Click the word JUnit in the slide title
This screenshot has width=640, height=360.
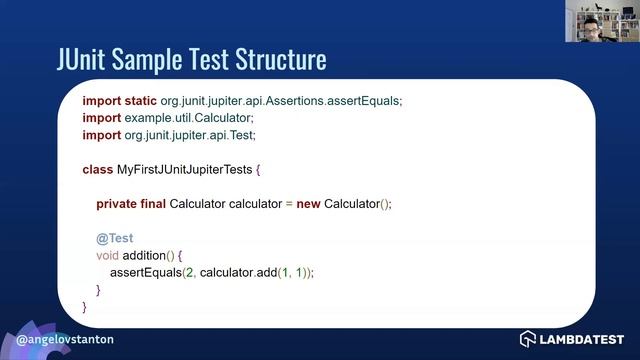coord(88,59)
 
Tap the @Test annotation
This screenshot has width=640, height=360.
coord(114,238)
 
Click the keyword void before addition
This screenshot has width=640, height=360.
coord(107,255)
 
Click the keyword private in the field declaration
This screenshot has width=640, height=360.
coord(117,204)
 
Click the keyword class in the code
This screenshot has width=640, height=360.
coord(97,170)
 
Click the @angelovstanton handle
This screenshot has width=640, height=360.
coord(64,339)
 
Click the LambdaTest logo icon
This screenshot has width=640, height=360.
coord(528,339)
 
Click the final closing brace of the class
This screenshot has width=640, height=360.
coord(84,306)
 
